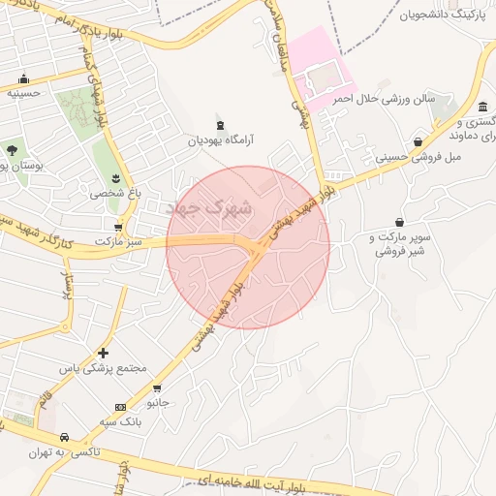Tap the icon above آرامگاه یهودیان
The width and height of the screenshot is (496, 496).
(220, 125)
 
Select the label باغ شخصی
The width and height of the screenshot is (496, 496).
(115, 193)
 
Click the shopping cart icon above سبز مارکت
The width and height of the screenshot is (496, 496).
(118, 226)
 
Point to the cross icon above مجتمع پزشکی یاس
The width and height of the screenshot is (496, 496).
(103, 353)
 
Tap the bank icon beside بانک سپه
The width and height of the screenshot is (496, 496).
(120, 407)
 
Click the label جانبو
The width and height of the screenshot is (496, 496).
(157, 400)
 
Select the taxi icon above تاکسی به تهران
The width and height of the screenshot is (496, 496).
(64, 437)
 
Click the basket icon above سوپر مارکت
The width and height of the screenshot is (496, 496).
(399, 222)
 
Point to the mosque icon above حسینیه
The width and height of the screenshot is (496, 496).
(23, 79)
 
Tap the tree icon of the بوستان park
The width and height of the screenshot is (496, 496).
(12, 150)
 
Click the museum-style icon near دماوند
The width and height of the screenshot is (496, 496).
(482, 107)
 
